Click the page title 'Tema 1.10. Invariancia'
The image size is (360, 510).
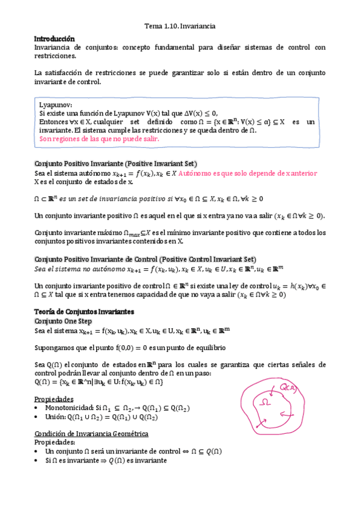pos(180,26)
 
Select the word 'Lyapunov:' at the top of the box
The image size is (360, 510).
pos(56,104)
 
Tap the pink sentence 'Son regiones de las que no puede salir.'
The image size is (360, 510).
pos(99,138)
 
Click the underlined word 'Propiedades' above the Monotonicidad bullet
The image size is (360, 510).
pos(54,399)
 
